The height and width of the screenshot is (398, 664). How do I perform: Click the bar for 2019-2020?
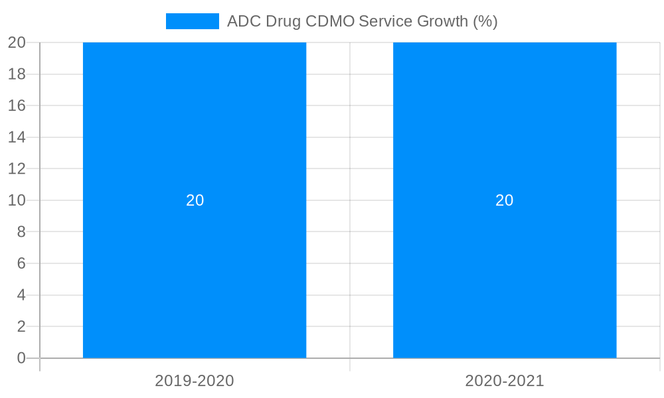point(195,133)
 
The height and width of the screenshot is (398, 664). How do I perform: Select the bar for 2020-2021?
point(505,133)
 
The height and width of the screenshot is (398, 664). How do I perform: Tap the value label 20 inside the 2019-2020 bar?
point(195,200)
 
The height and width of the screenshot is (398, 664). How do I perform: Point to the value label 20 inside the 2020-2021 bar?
point(505,200)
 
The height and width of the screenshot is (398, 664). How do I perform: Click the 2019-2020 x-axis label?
point(195,381)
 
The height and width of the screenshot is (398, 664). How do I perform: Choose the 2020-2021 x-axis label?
point(505,381)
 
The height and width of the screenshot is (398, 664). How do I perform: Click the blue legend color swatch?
point(192,21)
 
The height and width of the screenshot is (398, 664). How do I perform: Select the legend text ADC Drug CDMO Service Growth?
point(362,21)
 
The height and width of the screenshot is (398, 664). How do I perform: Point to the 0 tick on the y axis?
point(21,358)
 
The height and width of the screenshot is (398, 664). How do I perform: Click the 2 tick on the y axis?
point(21,326)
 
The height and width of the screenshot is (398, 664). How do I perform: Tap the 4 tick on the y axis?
point(21,295)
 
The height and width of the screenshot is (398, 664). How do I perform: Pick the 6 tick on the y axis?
point(21,263)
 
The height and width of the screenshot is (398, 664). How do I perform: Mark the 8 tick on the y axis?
point(21,232)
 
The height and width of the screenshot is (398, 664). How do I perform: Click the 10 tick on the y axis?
point(17,200)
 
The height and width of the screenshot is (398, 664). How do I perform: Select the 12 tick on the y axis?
point(17,168)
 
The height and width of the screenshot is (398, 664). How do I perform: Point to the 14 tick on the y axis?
point(17,137)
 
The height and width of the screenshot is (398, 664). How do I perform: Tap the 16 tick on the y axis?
point(17,105)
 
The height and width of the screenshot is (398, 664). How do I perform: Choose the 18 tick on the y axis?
point(17,74)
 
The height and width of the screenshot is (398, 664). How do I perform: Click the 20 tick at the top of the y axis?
point(17,42)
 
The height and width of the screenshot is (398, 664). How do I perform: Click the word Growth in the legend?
point(442,21)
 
